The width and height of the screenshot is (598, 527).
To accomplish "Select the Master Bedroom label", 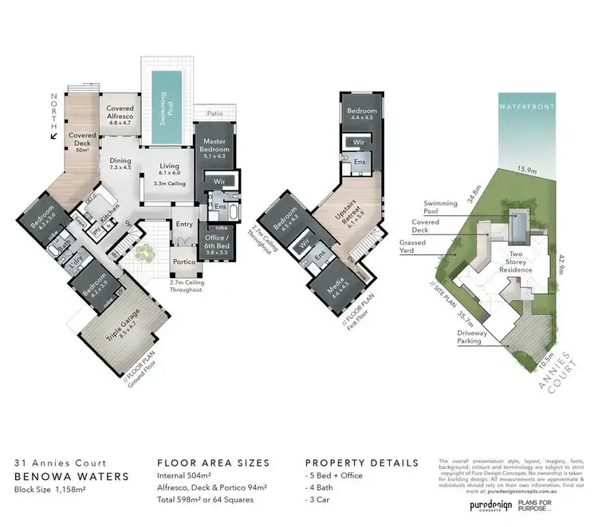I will click(x=214, y=145).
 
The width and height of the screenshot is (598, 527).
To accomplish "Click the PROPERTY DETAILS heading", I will click(x=362, y=462).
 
